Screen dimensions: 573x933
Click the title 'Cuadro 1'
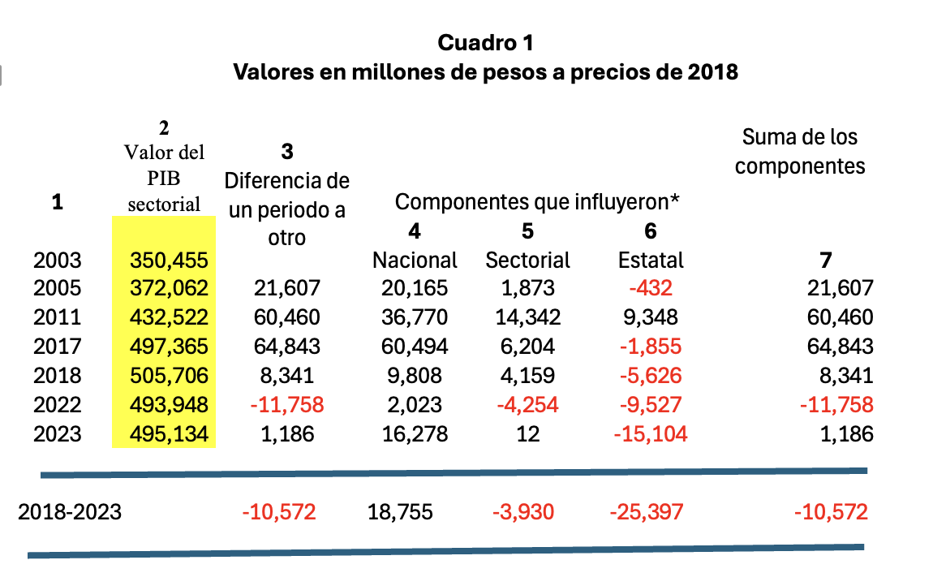(485, 43)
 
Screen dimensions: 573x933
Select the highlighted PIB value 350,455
(170, 261)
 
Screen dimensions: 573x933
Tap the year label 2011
(57, 317)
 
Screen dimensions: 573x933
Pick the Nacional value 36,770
(415, 317)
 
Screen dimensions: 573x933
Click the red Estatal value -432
(650, 288)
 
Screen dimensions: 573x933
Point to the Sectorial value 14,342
(527, 317)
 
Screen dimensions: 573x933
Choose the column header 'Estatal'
(651, 261)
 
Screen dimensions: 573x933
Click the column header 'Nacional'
(415, 261)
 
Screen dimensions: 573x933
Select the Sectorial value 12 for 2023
(527, 434)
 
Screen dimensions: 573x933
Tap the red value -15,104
(650, 434)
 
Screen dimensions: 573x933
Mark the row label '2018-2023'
(70, 512)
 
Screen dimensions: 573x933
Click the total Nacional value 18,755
(400, 512)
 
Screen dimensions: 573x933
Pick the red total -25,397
(646, 512)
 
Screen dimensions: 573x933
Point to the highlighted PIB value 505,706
(170, 376)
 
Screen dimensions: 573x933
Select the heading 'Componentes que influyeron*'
(537, 202)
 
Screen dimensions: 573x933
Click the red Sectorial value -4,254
(527, 405)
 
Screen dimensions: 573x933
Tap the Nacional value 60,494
(415, 347)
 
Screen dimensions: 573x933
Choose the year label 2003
(57, 261)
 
